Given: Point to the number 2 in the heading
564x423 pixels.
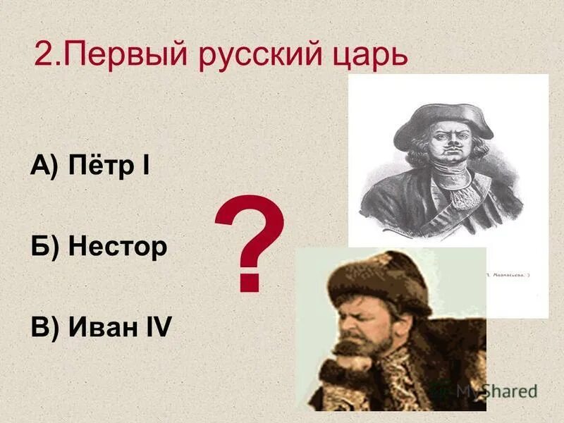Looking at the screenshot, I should (x=43, y=55).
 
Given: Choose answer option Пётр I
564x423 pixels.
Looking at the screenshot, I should (x=109, y=166).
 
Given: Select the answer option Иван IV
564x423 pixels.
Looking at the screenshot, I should (x=120, y=327).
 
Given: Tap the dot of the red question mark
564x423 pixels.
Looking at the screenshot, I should (x=248, y=283).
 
